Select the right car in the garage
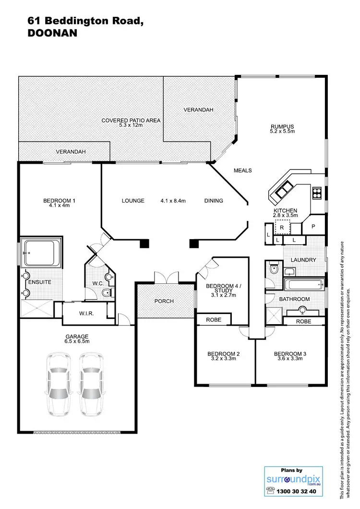coord(91,384)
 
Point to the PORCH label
coord(164,301)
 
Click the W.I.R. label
coord(86,314)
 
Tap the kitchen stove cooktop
coord(317,194)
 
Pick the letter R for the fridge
coord(282,228)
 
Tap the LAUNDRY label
coord(303,260)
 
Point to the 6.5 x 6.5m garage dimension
coord(77,341)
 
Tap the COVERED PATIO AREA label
coord(131,120)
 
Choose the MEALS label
coord(242,170)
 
